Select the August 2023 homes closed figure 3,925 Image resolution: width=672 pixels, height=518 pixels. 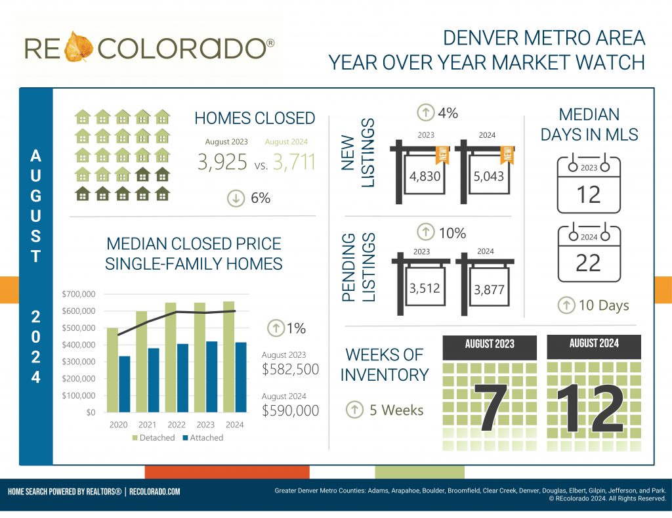pos(222,162)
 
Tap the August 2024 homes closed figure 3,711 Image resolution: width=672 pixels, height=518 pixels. pos(293,162)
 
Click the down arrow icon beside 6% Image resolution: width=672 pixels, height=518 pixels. pos(235,198)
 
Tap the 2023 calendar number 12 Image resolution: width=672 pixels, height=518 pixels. pos(588,194)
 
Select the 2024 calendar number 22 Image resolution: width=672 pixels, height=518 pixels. pos(588,263)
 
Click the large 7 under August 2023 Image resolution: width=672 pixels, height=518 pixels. pos(489,407)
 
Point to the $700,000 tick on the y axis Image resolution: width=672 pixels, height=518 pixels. pos(78,294)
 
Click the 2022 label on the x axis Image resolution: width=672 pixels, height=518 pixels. pos(176,425)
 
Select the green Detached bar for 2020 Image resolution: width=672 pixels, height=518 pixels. pos(113,370)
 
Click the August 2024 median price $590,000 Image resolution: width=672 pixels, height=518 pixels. pos(290,411)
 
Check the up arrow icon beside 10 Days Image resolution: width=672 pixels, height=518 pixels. pos(566,305)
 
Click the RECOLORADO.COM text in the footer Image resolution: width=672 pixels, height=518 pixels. pos(155,491)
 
